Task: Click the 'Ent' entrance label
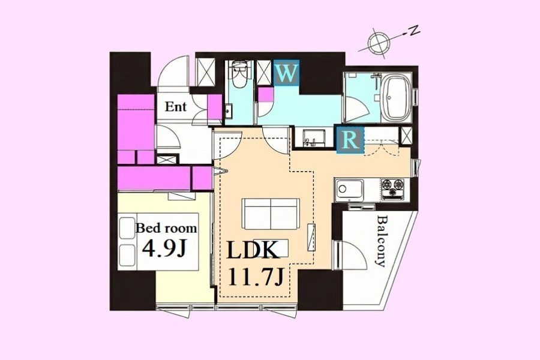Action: tap(175, 106)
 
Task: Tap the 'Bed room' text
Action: tap(166, 228)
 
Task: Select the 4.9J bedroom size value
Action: tap(164, 248)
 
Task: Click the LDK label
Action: tap(252, 250)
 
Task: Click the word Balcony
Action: tap(381, 241)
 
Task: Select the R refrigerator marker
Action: tap(350, 140)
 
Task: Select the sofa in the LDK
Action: tap(271, 214)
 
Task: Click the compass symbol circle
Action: tap(379, 41)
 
